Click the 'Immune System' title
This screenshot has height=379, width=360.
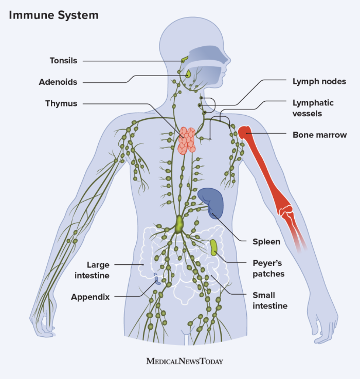53,15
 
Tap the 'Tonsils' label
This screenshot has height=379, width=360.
63,61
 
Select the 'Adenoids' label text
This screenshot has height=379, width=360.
58,82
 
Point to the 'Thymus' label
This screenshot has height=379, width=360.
61,103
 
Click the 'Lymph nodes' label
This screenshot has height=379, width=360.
319,81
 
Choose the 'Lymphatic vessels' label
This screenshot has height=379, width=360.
313,108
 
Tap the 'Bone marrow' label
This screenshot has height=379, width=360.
319,135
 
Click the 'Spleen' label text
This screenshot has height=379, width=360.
266,241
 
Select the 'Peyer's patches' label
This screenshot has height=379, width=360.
268,268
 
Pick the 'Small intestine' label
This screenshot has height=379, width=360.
269,300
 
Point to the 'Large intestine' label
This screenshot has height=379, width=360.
98,270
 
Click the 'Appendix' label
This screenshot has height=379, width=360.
91,297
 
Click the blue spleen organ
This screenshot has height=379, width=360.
211,203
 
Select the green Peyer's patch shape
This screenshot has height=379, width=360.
213,247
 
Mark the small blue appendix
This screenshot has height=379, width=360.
158,280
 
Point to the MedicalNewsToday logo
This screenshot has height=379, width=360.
185,361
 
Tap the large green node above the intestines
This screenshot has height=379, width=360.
179,224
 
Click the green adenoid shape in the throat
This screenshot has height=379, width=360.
188,75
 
